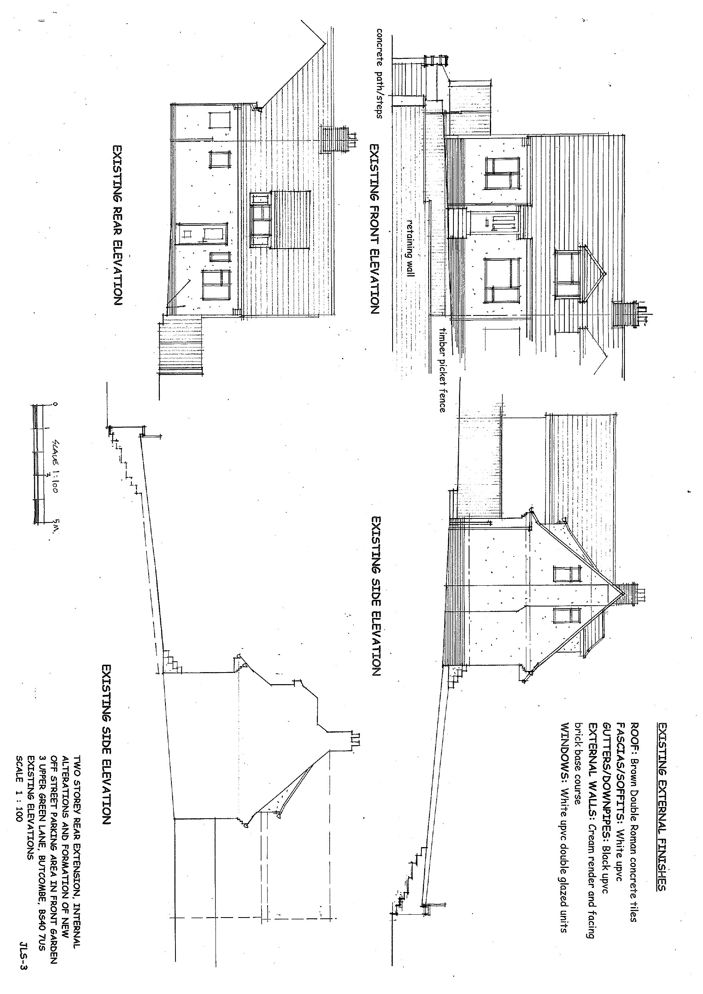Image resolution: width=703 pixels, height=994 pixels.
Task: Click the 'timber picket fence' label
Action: point(442,369)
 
